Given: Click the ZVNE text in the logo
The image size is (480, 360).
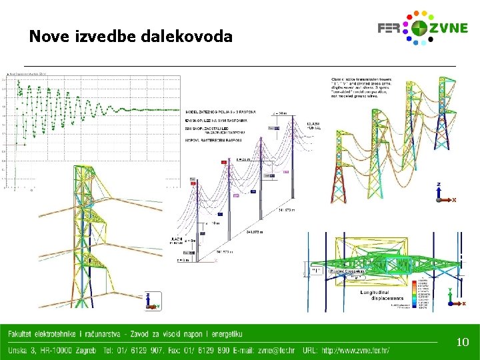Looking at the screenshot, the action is tap(447, 29).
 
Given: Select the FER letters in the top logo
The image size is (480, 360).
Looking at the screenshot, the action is tap(390, 29).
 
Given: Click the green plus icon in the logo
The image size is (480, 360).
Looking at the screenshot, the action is tap(419, 29).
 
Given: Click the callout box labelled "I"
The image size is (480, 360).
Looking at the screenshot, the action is tap(315, 271).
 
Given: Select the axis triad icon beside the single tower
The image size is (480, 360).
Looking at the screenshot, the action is tap(152, 301).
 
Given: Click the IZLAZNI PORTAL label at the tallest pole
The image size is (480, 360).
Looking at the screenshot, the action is tap(312, 126).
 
